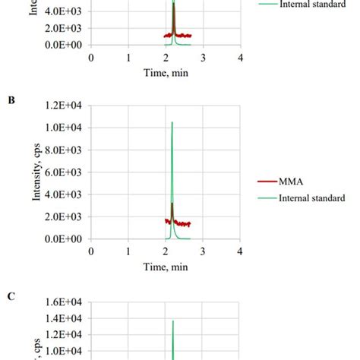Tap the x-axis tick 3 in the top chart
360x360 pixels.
(203, 58)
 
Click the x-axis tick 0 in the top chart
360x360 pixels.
(91, 58)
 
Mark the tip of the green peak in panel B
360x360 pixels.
(172, 122)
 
